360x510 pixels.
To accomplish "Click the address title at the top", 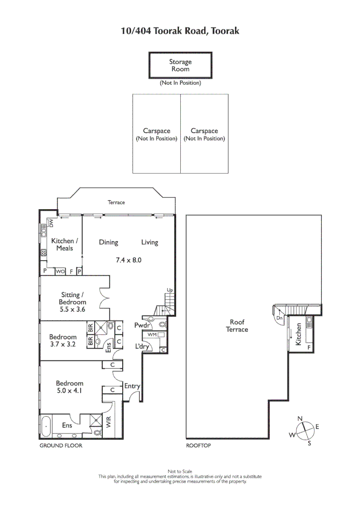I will pyautogui.click(x=180, y=31).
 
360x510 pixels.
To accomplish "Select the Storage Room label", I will pyautogui.click(x=180, y=65).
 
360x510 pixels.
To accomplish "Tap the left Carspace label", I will pyautogui.click(x=156, y=135).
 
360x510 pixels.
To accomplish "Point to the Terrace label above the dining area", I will pyautogui.click(x=116, y=202).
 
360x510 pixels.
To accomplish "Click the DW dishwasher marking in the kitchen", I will pyautogui.click(x=52, y=222).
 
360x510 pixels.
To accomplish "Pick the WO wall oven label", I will pyautogui.click(x=60, y=272).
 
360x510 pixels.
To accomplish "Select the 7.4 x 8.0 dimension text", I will pyautogui.click(x=129, y=260).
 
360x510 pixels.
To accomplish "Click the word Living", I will pyautogui.click(x=150, y=242).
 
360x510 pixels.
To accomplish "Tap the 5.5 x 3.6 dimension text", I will pyautogui.click(x=73, y=309).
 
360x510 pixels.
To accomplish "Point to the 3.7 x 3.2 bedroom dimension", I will pyautogui.click(x=63, y=345).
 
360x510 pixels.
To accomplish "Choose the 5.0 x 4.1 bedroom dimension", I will pyautogui.click(x=69, y=391).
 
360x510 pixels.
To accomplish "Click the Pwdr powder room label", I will pyautogui.click(x=142, y=325).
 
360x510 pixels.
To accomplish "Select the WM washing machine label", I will pyautogui.click(x=152, y=334).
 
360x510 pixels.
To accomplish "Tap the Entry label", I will pyautogui.click(x=132, y=386).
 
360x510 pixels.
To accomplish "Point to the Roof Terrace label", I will pyautogui.click(x=237, y=326).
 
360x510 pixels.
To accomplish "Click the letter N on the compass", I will pyautogui.click(x=300, y=418).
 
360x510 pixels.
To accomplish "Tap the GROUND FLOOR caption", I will pyautogui.click(x=60, y=446).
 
